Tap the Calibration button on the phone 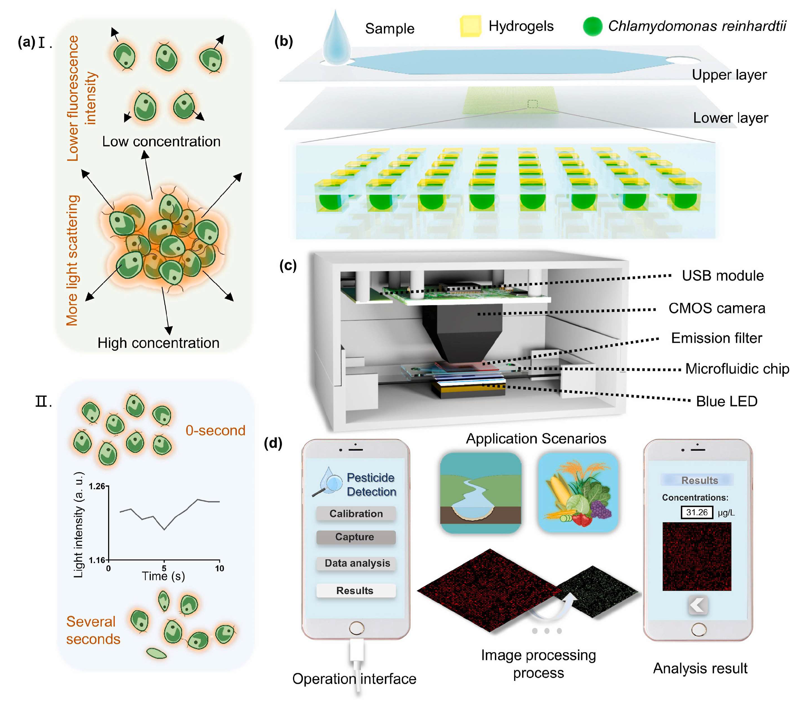tap(355, 513)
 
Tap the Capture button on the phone tap(355, 537)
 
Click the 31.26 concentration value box tap(697, 512)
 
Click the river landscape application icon tap(481, 493)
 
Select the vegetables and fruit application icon tap(578, 493)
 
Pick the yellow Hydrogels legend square tap(470, 26)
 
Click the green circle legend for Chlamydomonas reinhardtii tap(592, 26)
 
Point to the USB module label tap(723, 276)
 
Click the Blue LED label tap(726, 401)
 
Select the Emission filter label tap(716, 338)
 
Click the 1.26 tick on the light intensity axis tap(97, 486)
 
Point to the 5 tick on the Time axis tap(164, 568)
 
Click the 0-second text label tap(215, 430)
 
